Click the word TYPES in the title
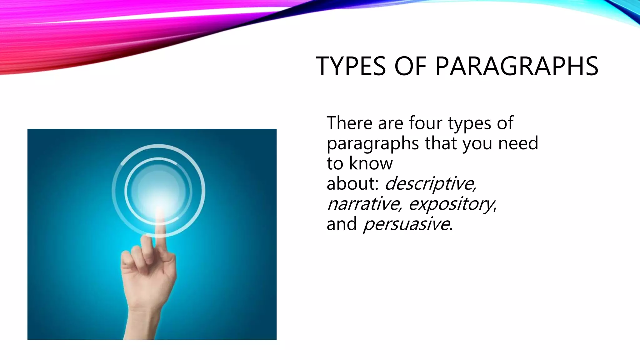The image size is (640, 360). point(351,66)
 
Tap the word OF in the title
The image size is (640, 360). point(410,66)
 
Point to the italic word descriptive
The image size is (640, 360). point(430,183)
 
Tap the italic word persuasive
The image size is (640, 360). point(407,224)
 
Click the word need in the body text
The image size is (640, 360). point(518,143)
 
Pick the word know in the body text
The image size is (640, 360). point(371,163)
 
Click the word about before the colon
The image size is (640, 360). point(351,183)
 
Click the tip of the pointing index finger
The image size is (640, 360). point(160,211)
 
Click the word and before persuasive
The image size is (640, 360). point(342,224)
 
